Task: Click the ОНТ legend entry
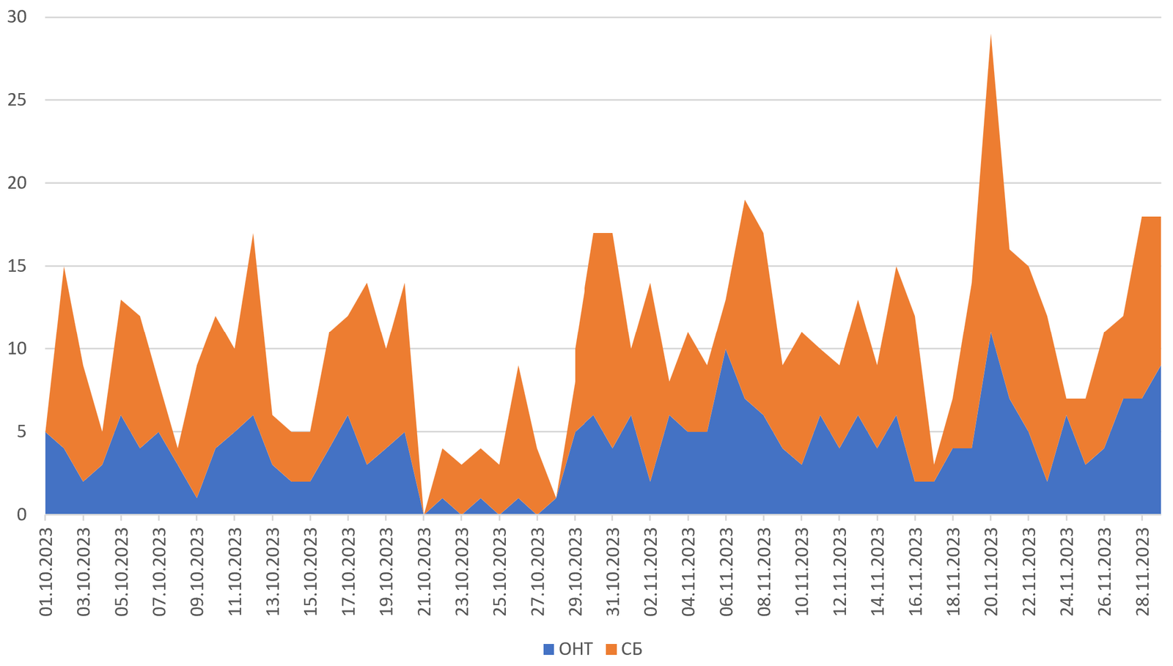[568, 649]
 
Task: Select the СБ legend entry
[625, 649]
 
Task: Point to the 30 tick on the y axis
[17, 17]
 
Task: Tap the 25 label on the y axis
[17, 100]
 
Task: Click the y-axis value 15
[17, 266]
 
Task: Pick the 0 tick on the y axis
[21, 514]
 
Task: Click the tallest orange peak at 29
[991, 34]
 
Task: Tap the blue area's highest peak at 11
[991, 333]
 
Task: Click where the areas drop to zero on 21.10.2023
[424, 514]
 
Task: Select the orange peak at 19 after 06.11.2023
[746, 200]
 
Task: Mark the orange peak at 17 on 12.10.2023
[254, 234]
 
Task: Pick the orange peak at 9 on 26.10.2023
[518, 366]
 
